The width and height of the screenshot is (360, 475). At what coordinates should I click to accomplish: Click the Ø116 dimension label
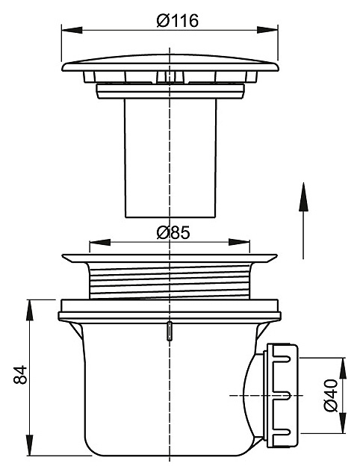(x=178, y=21)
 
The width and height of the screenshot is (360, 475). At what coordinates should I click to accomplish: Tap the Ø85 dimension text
(x=173, y=233)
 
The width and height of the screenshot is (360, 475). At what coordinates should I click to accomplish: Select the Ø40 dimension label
(x=331, y=395)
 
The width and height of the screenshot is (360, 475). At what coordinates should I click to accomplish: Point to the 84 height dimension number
(x=20, y=375)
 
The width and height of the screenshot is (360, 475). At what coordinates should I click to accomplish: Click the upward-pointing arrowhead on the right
(x=303, y=196)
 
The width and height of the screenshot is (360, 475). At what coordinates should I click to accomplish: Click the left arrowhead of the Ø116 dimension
(x=72, y=30)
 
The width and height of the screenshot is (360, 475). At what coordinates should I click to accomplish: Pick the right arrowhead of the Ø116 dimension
(x=267, y=30)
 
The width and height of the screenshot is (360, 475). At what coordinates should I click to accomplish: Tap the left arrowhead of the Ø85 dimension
(x=100, y=242)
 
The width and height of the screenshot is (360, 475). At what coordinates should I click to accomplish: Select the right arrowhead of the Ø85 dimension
(x=239, y=242)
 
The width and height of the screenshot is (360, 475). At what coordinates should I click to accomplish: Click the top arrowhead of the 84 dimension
(x=29, y=310)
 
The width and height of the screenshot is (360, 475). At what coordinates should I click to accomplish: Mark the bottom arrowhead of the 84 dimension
(x=29, y=444)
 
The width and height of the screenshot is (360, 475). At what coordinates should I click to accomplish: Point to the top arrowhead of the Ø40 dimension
(x=343, y=368)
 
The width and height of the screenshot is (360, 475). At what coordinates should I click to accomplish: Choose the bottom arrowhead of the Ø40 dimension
(x=343, y=423)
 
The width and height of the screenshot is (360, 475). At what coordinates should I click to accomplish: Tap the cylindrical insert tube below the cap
(x=170, y=158)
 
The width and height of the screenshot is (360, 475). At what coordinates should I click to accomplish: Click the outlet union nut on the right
(x=281, y=395)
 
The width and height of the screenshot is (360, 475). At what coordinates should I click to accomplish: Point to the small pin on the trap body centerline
(x=170, y=332)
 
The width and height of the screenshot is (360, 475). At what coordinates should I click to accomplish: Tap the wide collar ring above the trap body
(x=170, y=311)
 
